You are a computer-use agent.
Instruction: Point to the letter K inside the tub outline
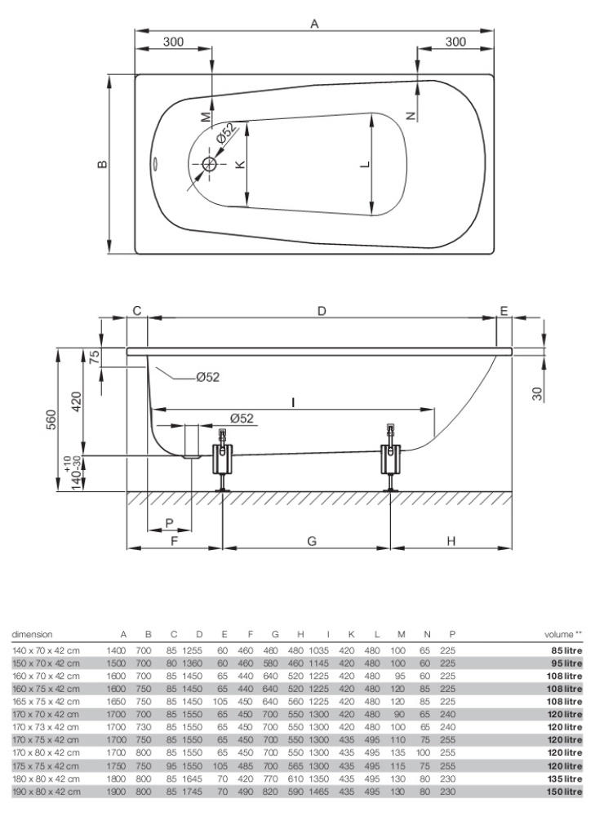pyautogui.click(x=239, y=165)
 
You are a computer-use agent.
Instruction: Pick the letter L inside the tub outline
pyautogui.click(x=365, y=165)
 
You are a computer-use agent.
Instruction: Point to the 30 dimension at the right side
pyautogui.click(x=536, y=393)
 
